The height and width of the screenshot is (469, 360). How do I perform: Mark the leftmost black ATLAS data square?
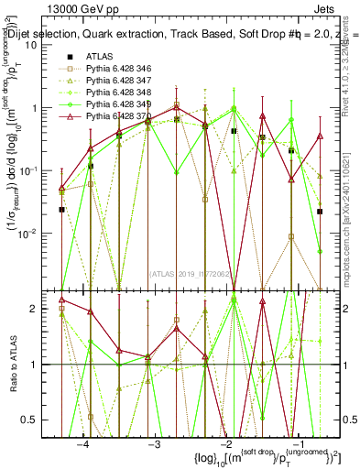pos(61,210)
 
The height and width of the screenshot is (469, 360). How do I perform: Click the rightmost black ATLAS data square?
pos(320,212)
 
